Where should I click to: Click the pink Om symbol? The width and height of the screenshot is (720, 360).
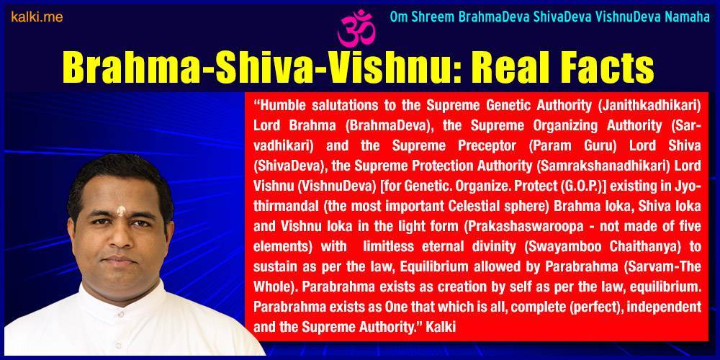(356, 29)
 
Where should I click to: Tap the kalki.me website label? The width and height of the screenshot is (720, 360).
(37, 17)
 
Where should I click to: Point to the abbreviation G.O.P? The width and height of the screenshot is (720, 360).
(591, 186)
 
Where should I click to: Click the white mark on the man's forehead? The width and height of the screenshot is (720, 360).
(121, 211)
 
